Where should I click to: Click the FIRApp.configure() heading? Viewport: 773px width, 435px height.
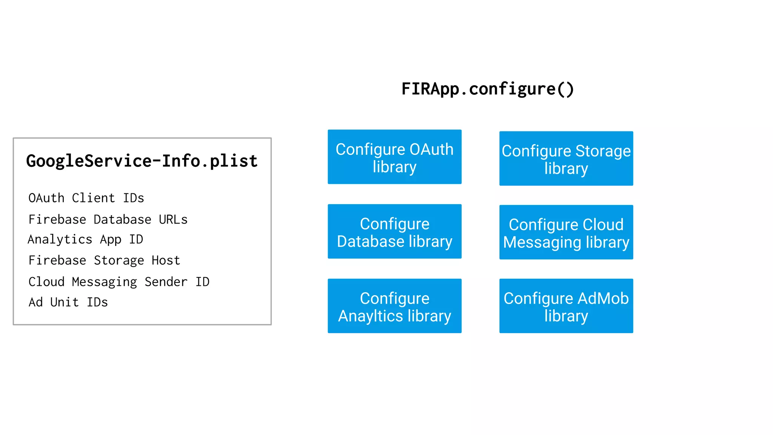tap(487, 89)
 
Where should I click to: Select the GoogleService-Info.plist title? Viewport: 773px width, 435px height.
tap(142, 161)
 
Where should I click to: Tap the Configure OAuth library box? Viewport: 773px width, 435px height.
tap(394, 157)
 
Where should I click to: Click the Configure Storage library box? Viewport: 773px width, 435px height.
tap(566, 159)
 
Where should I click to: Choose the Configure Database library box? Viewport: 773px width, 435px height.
tap(394, 231)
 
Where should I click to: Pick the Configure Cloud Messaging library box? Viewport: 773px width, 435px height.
tap(566, 232)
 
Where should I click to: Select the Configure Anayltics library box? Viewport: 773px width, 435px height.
tap(394, 306)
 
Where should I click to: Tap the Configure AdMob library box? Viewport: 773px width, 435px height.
tap(566, 306)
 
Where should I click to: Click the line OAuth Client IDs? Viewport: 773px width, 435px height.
tap(86, 198)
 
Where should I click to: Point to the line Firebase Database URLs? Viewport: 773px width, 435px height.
tap(108, 219)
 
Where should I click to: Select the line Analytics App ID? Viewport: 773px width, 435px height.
tap(85, 239)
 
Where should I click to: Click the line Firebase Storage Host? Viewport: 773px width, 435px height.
tap(104, 261)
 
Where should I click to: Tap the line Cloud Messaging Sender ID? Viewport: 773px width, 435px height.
tap(119, 282)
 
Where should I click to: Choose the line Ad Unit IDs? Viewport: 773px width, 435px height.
tap(68, 302)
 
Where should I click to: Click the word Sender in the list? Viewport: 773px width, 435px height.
tap(166, 282)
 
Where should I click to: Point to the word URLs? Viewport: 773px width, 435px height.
tap(173, 219)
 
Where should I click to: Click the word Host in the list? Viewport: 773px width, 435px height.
tap(166, 261)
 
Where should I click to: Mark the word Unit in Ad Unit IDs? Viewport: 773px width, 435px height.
tap(64, 302)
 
